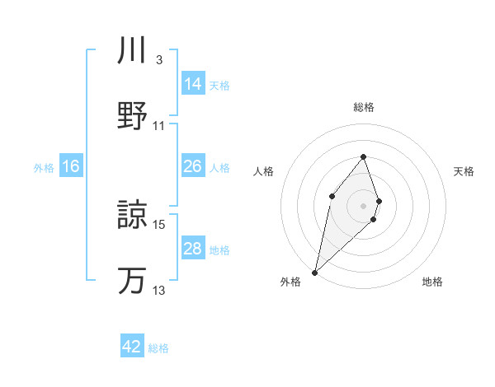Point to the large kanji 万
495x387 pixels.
[x=132, y=280]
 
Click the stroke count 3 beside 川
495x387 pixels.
[x=158, y=60]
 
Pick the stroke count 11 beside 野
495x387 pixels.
[x=159, y=125]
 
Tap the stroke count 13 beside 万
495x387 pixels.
[x=159, y=291]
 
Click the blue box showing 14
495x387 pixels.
[x=193, y=83]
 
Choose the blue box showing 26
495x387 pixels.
[x=193, y=166]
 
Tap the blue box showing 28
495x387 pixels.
[x=193, y=249]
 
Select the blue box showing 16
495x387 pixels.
[x=71, y=166]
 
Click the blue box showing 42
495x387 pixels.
[x=132, y=347]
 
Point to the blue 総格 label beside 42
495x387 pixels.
[x=158, y=348]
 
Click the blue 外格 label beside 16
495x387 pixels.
[x=44, y=168]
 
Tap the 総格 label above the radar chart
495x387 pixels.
[x=363, y=107]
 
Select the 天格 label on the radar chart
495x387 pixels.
[x=464, y=171]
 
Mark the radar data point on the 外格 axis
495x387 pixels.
[x=314, y=272]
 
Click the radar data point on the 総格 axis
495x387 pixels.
[x=363, y=156]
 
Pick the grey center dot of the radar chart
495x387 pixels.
[x=363, y=205]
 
